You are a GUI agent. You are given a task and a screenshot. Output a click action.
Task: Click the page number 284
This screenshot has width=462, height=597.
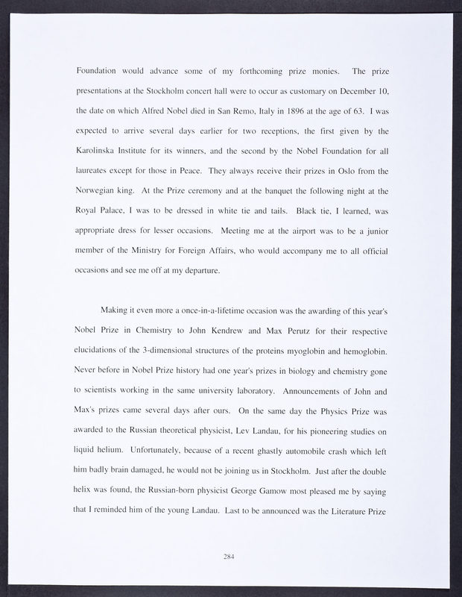coord(230,555)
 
